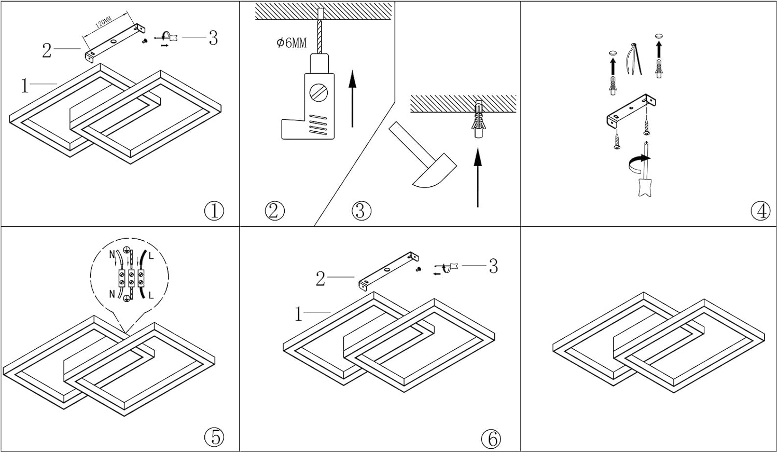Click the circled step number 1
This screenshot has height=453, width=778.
pyautogui.click(x=214, y=211)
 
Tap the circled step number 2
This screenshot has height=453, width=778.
pyautogui.click(x=274, y=211)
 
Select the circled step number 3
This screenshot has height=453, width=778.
pyautogui.click(x=361, y=211)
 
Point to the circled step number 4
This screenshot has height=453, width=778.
pyautogui.click(x=760, y=211)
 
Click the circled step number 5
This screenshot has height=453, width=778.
pyautogui.click(x=214, y=437)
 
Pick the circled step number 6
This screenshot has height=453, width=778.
pyautogui.click(x=491, y=439)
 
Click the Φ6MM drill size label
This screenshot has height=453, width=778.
pyautogui.click(x=291, y=43)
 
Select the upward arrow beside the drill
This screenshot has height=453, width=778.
pyautogui.click(x=352, y=99)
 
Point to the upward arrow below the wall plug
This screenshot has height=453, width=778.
pyautogui.click(x=478, y=176)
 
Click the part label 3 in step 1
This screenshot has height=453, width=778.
pyautogui.click(x=213, y=38)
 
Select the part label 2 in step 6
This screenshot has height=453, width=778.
pyautogui.click(x=321, y=279)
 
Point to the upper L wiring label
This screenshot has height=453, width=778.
pyautogui.click(x=151, y=256)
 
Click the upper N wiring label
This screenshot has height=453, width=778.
pyautogui.click(x=112, y=255)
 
